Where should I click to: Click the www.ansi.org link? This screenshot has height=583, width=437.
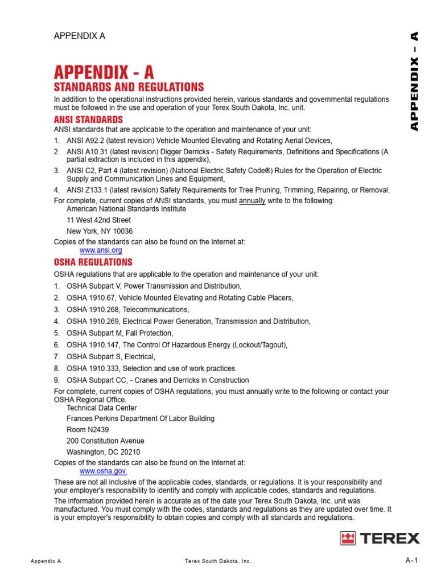pos(101,250)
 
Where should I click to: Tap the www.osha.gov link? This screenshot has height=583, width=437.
pos(103,471)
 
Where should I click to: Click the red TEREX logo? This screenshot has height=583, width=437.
pos(380,538)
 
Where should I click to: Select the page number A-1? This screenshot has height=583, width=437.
pos(412,561)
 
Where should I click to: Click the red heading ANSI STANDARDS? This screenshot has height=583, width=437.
pos(88,120)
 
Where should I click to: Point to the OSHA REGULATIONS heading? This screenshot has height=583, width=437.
pos(93,262)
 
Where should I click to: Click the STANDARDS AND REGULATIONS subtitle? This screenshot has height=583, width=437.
pos(129,87)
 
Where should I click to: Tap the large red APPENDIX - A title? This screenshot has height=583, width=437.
pos(104,72)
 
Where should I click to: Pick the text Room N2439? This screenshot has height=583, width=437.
pos(88,430)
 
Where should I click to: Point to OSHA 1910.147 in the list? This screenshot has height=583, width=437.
pos(93,345)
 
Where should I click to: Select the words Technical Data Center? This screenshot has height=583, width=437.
pos(102,408)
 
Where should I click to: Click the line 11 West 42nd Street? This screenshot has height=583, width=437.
pos(98,220)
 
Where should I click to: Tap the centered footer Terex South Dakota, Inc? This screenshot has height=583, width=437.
pos(218,561)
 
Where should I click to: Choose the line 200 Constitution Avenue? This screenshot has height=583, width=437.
pos(105,441)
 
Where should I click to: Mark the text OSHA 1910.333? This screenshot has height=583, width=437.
pos(93,368)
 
